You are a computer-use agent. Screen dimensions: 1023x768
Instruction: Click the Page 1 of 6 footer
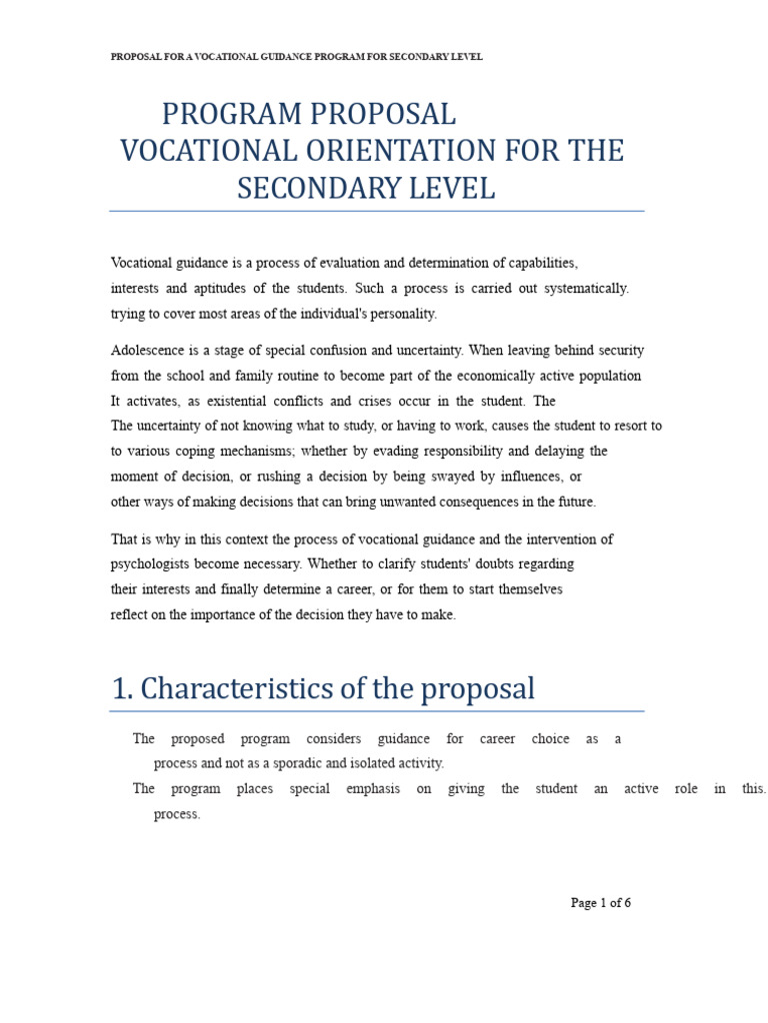(x=600, y=903)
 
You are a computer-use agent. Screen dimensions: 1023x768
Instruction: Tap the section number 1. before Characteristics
(x=122, y=688)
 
